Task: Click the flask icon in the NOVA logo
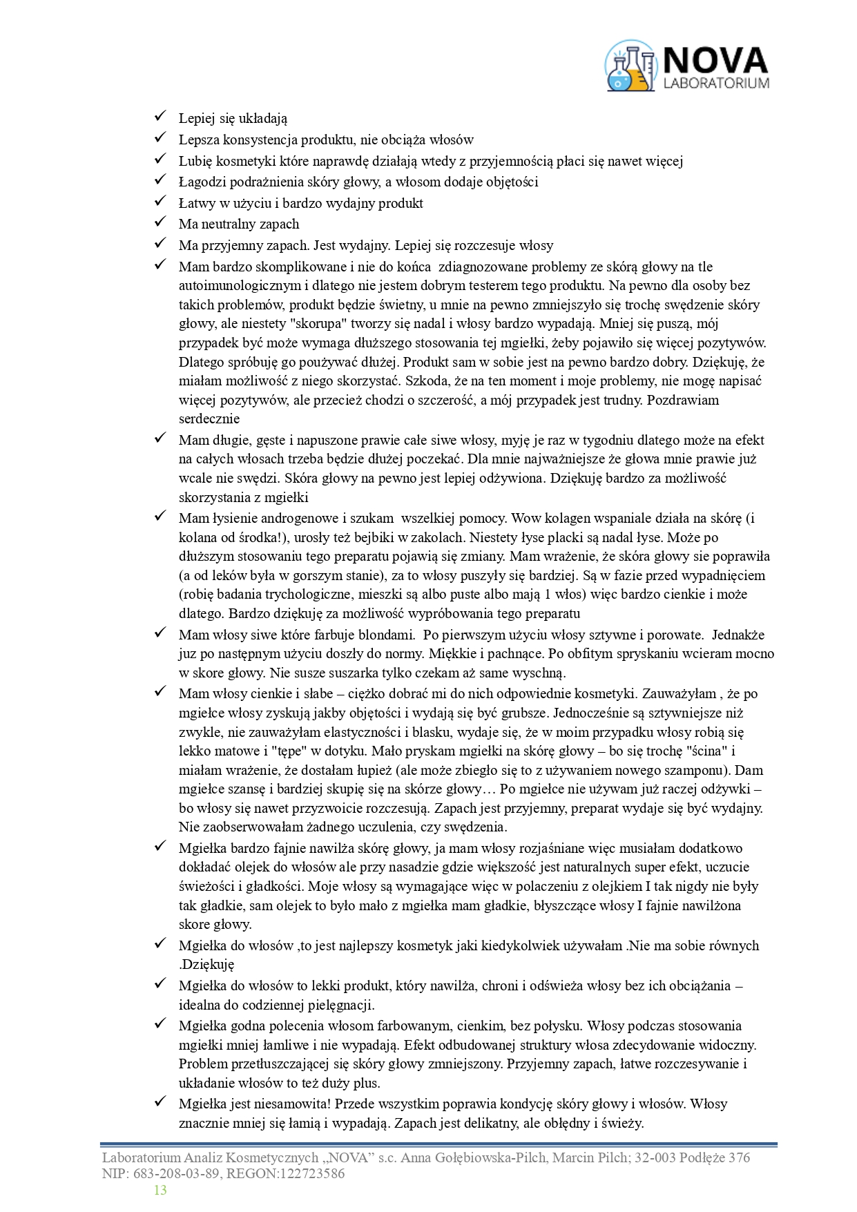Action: (x=630, y=66)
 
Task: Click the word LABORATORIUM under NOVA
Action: (x=715, y=83)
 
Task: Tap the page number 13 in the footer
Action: (x=160, y=1190)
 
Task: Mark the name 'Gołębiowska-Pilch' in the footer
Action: (x=494, y=1158)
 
